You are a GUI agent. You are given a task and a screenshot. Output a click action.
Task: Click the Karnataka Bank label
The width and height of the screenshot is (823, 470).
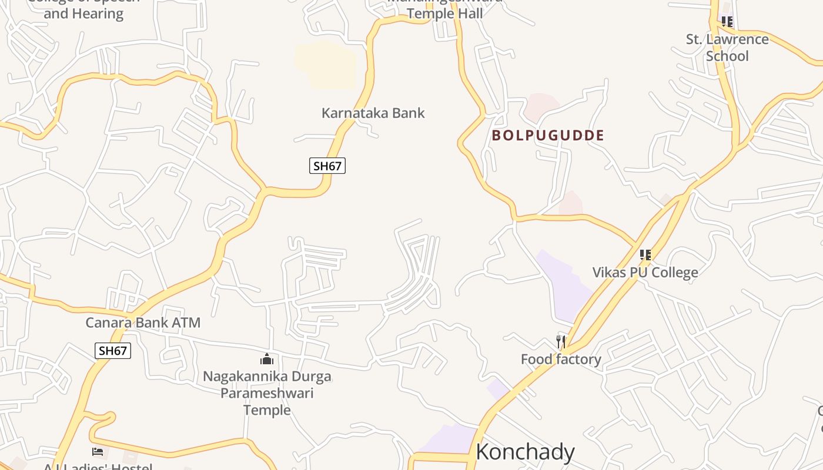coord(373,113)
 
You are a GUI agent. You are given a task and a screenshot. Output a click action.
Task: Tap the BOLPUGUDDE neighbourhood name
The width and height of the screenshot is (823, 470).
coord(548,136)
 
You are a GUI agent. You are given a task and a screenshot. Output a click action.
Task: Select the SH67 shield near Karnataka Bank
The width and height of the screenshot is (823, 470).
coord(327,166)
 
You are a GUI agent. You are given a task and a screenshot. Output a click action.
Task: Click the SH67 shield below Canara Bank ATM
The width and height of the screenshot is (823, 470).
coord(113,351)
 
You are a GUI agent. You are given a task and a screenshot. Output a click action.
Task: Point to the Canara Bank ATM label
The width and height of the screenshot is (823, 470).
coord(143,323)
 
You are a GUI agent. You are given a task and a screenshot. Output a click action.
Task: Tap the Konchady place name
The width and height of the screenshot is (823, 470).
coord(524,452)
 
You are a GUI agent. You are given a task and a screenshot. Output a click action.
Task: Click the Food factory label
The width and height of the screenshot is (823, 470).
coord(561,360)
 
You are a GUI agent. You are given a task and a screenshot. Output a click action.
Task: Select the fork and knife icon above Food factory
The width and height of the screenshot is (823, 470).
coord(561,342)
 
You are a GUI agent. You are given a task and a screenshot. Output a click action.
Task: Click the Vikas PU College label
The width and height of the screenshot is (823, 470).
coord(645,273)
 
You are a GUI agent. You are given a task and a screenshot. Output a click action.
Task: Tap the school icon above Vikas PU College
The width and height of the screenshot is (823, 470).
coord(645,255)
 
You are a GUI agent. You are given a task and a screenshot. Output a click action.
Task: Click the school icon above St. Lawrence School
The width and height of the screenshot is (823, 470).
coord(727,22)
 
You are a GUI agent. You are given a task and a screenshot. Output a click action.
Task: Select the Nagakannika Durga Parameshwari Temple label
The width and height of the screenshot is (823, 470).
coord(267,393)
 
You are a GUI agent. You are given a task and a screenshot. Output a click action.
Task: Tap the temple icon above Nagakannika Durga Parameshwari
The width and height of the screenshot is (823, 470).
coord(267,359)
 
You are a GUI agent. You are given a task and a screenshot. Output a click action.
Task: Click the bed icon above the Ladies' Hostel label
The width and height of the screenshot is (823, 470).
coord(98,452)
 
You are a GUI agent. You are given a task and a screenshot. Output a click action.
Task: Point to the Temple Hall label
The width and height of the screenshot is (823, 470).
coord(444,13)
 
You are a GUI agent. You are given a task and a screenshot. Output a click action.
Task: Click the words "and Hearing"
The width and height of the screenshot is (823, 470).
coord(83,14)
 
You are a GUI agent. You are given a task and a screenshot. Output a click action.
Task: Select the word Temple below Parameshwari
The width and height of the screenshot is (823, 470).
coord(267,410)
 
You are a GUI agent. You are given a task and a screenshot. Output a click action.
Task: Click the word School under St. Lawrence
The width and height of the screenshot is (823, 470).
coord(727,56)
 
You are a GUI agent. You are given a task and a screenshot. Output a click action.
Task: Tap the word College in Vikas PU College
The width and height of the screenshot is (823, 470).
coord(671,273)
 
